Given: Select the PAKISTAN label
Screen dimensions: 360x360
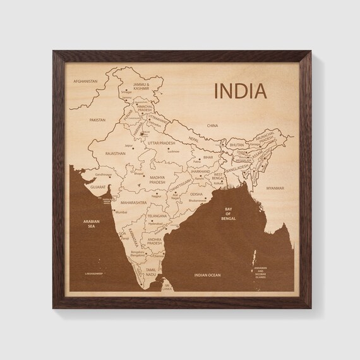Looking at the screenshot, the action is point(97,119).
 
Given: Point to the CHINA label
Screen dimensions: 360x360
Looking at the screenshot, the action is point(212,126).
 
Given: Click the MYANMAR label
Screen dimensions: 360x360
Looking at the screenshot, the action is point(275,188).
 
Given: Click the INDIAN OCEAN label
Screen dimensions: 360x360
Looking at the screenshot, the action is point(207,275).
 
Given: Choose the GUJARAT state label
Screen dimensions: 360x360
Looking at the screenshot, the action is point(97,188).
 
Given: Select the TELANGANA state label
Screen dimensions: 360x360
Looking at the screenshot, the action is point(157,216).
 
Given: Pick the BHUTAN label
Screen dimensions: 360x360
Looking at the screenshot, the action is point(237,145).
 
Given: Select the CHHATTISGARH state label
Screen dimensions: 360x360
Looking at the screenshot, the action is point(181,181).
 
